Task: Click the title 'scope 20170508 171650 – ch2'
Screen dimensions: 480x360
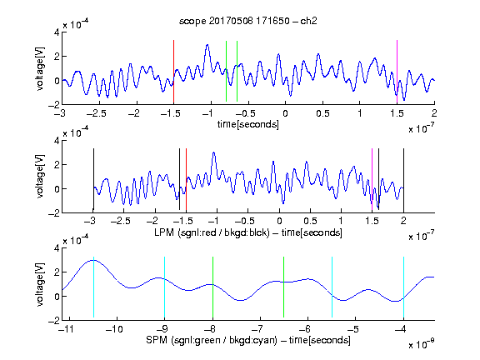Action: tap(248, 21)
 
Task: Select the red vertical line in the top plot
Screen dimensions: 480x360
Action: tap(173, 72)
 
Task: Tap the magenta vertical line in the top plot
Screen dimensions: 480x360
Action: tap(397, 72)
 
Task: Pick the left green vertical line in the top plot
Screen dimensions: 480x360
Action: tap(226, 71)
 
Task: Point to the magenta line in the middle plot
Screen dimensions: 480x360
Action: tap(372, 180)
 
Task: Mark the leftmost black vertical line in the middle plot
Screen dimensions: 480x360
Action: tap(93, 180)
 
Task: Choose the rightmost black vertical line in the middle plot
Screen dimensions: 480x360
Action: tap(403, 180)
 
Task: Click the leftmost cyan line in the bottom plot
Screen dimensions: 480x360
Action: tap(93, 287)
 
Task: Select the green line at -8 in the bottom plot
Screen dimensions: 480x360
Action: tap(212, 287)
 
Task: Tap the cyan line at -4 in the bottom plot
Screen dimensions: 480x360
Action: tap(403, 287)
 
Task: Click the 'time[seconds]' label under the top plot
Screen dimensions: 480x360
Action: tap(248, 124)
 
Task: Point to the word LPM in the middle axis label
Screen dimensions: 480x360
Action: tap(164, 232)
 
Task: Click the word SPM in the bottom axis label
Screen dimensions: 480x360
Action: tap(157, 340)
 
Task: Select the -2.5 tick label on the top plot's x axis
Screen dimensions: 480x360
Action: tap(96, 113)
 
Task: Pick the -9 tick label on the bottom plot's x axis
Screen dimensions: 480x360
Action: tap(162, 329)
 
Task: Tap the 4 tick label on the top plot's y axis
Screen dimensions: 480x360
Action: tap(57, 32)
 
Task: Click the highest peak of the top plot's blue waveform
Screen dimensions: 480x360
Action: tap(207, 45)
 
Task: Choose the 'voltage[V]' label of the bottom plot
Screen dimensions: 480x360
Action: tap(40, 284)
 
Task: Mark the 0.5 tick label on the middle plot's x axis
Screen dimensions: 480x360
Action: tap(310, 221)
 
